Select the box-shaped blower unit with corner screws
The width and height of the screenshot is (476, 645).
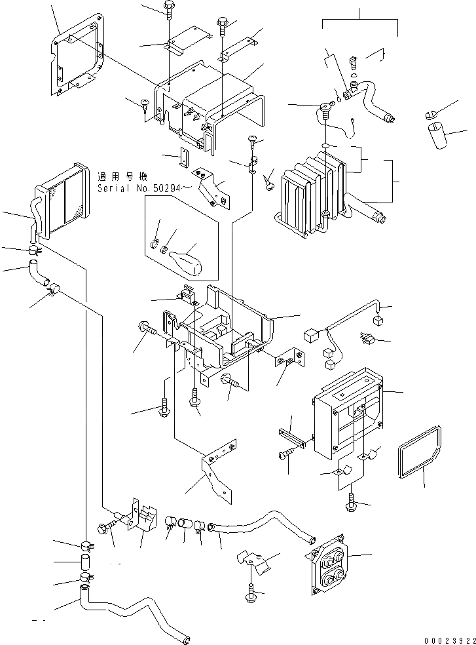[x=347, y=416]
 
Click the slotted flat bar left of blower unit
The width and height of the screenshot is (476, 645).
[x=291, y=437]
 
